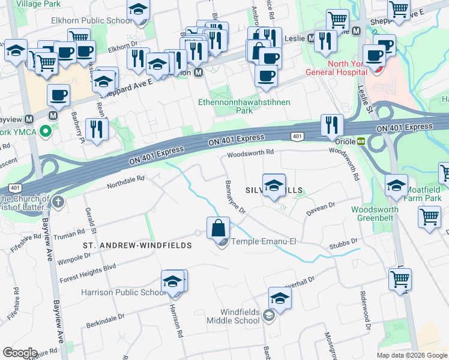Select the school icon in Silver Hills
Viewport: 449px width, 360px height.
274,185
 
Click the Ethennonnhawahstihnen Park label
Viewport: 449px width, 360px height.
244,106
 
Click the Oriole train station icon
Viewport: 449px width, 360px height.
361,142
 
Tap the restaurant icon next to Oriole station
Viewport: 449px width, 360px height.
332,125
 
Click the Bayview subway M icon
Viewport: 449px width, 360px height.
53,115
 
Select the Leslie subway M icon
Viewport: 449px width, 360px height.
312,38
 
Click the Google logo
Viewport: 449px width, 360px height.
20,352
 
